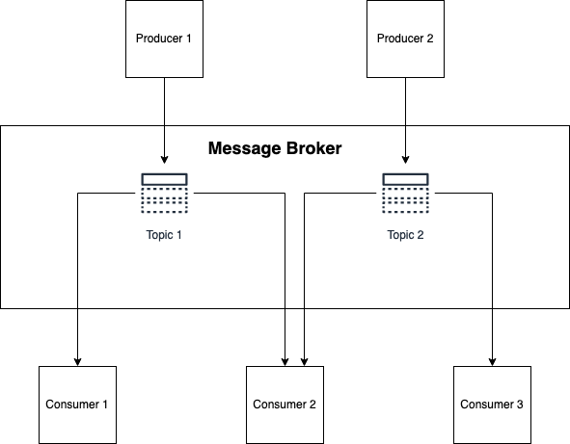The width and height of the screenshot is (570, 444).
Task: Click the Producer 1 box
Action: pos(164,39)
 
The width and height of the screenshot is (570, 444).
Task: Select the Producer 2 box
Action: pos(405,39)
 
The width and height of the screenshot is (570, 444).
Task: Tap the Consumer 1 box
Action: pos(77,405)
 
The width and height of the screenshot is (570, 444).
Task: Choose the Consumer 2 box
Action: pos(285,405)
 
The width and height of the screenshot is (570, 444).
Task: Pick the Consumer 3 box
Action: pos(492,405)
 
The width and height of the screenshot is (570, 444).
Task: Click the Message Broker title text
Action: pos(275,148)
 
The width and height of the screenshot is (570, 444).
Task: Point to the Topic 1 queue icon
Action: pos(164,194)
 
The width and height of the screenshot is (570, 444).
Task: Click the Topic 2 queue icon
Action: pos(405,194)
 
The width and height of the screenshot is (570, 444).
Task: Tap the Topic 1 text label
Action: pos(164,235)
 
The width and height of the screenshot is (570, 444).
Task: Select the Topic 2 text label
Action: pos(405,235)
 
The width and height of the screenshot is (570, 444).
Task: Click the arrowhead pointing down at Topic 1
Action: pos(164,160)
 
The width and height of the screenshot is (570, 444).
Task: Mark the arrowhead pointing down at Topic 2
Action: pos(405,160)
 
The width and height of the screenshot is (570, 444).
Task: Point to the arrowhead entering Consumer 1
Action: pos(77,361)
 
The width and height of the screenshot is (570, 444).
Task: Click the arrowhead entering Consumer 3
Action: pos(492,361)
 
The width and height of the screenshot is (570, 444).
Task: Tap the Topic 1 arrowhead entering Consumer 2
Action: pos(285,361)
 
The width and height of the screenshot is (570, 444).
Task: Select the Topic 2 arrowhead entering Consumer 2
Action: pos(304,361)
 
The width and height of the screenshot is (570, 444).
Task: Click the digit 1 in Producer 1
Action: pos(188,39)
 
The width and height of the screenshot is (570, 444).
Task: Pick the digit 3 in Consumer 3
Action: pos(520,405)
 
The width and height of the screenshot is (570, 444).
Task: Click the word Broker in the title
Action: pos(314,148)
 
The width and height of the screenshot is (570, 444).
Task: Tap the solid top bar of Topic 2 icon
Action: pos(405,179)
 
